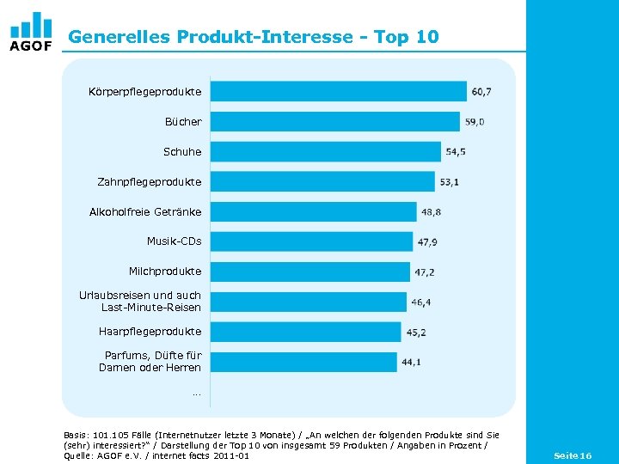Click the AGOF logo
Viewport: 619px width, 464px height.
pos(31,32)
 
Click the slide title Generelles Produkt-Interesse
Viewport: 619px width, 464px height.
pos(254,37)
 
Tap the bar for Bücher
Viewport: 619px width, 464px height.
pos(335,121)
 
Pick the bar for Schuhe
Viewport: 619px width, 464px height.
pos(326,151)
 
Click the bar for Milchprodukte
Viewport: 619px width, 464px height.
pos(310,272)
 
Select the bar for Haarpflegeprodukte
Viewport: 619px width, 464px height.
pos(306,332)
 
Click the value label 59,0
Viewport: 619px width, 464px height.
pos(475,122)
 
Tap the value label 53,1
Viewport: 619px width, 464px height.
pos(449,182)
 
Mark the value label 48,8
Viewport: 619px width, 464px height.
pos(431,212)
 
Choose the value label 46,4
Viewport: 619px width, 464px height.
pos(421,302)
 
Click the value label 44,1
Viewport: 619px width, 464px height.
pos(411,363)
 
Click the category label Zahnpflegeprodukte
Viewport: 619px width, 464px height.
pos(150,181)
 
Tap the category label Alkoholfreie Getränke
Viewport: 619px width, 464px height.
pos(145,211)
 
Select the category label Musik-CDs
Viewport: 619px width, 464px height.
pos(174,241)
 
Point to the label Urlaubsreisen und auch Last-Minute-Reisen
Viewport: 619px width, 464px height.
pos(140,302)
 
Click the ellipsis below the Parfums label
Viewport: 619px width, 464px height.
pos(197,394)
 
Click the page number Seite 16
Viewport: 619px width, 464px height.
pos(573,455)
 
